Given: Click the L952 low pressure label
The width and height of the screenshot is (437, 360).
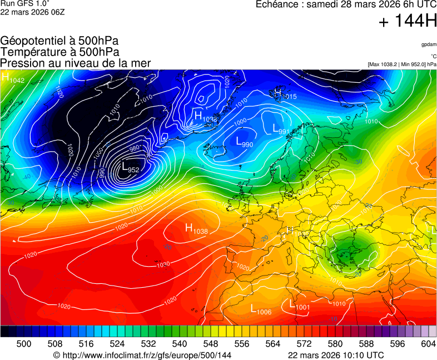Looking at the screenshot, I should pyautogui.click(x=130, y=167).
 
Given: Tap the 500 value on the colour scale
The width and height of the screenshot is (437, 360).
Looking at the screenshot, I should pyautogui.click(x=24, y=344).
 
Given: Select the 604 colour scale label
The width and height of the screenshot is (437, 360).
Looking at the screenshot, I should pyautogui.click(x=428, y=344).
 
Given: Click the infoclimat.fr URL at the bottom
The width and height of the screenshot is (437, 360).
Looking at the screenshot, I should pyautogui.click(x=142, y=355).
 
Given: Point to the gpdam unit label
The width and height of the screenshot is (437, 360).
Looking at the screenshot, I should pyautogui.click(x=428, y=44).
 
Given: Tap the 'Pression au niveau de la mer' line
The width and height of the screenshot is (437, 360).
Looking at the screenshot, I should pyautogui.click(x=76, y=63).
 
